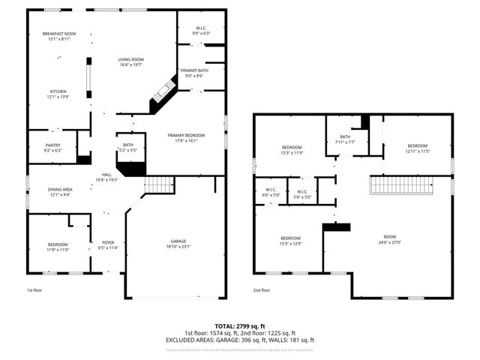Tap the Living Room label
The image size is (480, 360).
pyautogui.click(x=131, y=62)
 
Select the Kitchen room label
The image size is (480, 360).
pyautogui.click(x=58, y=94)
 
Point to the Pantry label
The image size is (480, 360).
pyautogui.click(x=52, y=148)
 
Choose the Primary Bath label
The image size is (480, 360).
pyautogui.click(x=194, y=73)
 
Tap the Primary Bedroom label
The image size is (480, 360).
pyautogui.click(x=186, y=138)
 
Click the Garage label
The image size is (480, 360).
pyautogui.click(x=178, y=244)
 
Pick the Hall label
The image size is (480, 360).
pyautogui.click(x=107, y=177)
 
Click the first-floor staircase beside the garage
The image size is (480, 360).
pyautogui.click(x=159, y=184)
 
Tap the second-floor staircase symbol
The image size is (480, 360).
pyautogui.click(x=403, y=185)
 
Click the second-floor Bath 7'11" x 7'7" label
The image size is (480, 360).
pyautogui.click(x=344, y=139)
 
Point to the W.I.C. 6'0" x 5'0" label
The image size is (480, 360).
pyautogui.click(x=271, y=192)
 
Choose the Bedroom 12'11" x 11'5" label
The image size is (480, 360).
pyautogui.click(x=417, y=148)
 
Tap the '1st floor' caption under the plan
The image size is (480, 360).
pyautogui.click(x=34, y=290)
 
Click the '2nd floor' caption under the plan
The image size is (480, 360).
pyautogui.click(x=262, y=290)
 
